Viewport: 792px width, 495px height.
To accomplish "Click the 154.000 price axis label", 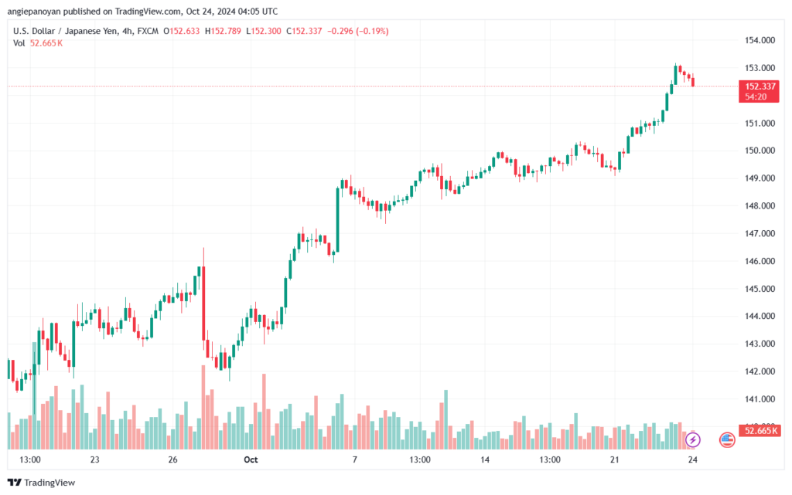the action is point(760,40).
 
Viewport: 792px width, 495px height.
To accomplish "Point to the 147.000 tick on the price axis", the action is point(760,233).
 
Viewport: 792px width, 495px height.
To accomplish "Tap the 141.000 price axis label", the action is point(760,399).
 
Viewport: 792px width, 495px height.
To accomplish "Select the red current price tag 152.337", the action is point(759,91).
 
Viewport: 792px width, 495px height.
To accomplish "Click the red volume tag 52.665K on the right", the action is point(760,430).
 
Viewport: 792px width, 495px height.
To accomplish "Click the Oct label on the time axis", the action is point(251,459).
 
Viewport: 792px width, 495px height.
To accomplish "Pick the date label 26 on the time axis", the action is point(172,459).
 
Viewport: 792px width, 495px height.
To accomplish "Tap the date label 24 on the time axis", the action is point(692,459).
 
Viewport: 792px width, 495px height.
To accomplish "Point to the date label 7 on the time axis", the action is point(354,459).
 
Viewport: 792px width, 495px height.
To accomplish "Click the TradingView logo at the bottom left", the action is point(42,483).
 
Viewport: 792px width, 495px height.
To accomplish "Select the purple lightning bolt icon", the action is point(692,440).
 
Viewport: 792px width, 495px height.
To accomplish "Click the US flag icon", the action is point(727,440).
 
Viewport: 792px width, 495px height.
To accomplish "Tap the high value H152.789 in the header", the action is point(223,31).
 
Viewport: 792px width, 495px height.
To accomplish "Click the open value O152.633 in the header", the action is point(181,31).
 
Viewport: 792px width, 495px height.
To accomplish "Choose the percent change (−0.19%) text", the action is point(372,31).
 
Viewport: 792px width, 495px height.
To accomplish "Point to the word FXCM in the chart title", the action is point(148,31).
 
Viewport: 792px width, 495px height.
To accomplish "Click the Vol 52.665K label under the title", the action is point(38,43).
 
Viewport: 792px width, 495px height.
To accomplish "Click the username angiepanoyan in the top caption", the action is point(34,11).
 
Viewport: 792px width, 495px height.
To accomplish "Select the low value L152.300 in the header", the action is point(264,31).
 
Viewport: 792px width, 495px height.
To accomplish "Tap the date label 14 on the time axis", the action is point(485,459).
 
